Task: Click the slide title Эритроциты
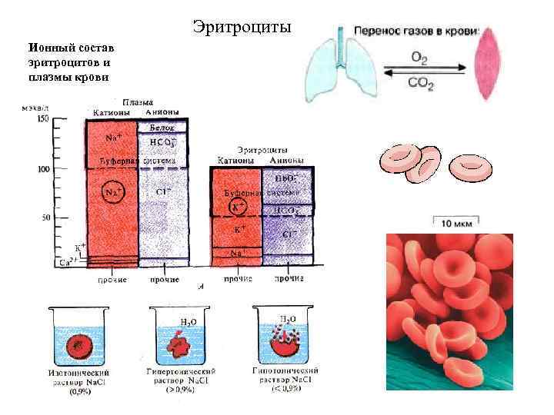click(242, 28)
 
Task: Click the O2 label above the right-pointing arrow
click(419, 57)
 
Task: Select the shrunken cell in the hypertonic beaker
click(182, 346)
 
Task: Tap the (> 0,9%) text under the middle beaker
click(181, 390)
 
